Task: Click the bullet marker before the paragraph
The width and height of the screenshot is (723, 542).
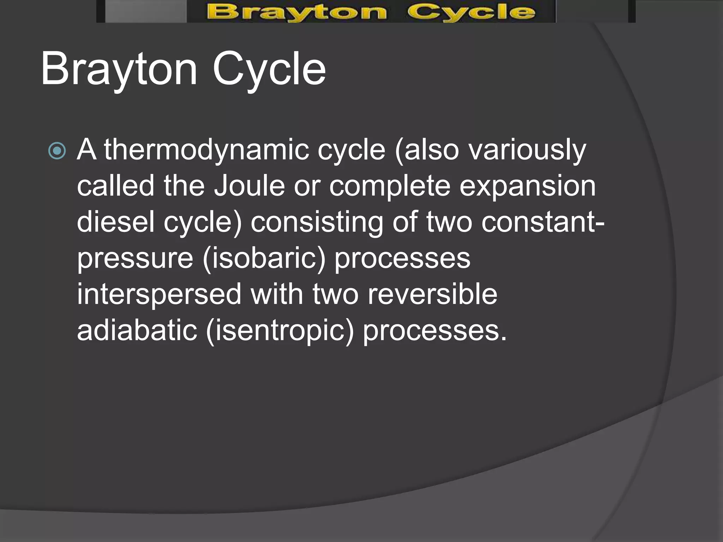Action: (x=57, y=151)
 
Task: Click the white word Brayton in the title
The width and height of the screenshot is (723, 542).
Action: (x=119, y=68)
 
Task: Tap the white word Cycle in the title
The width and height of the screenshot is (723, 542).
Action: (x=269, y=68)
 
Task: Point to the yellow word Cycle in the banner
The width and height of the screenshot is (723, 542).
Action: (x=471, y=12)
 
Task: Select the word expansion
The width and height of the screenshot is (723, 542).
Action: (x=527, y=187)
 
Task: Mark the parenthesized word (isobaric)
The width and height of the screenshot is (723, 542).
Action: (x=264, y=259)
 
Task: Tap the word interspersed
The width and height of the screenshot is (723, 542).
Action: (x=159, y=295)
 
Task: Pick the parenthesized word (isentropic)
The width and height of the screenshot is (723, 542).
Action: (x=280, y=331)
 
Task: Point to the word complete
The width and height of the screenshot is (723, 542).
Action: (x=390, y=187)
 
